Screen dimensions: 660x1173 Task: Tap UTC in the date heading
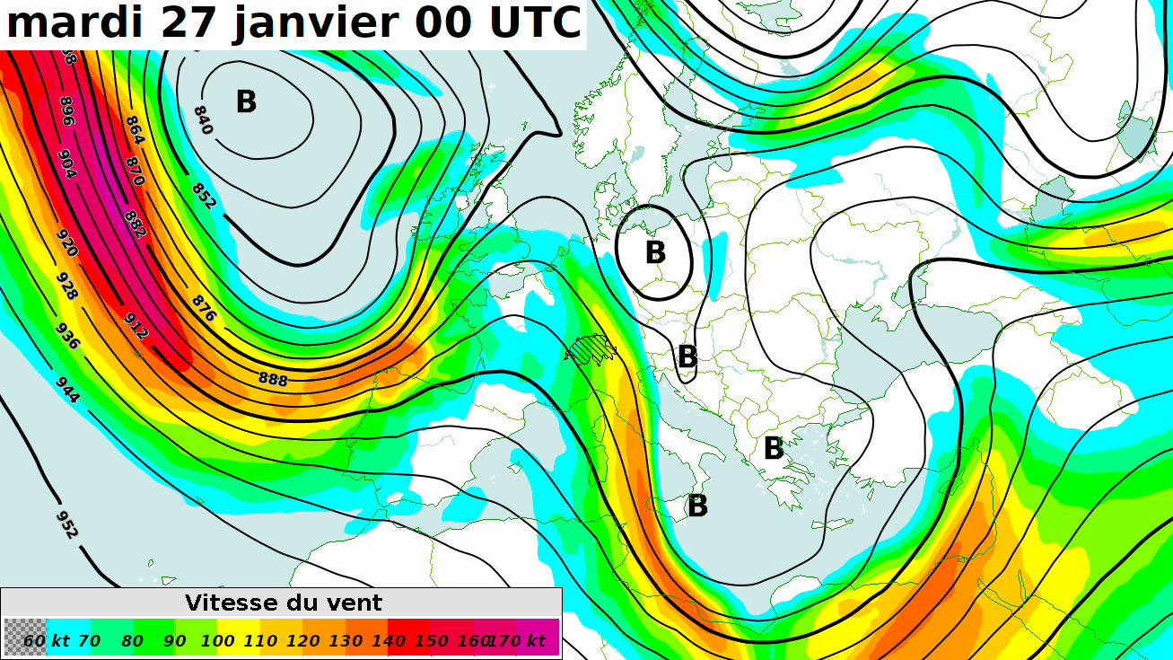coord(535,23)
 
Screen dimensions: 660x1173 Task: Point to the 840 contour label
coord(203,120)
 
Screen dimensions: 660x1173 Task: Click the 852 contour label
coord(204,196)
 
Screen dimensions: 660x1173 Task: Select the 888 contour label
coord(273,380)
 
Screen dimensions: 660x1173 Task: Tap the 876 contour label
coord(205,308)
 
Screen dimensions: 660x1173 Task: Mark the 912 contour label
coord(136,325)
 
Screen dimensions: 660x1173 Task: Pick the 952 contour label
coord(67,524)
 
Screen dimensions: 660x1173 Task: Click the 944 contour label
coord(67,391)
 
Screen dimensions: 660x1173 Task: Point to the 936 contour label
coord(68,334)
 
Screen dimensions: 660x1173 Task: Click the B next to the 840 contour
coord(246,102)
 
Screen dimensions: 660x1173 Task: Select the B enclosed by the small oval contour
coord(655,252)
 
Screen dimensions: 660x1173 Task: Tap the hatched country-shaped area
coord(591,348)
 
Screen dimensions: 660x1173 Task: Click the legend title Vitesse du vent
coord(284,603)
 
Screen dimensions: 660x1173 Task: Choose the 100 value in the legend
coord(218,640)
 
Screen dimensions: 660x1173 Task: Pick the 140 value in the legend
coord(389,640)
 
